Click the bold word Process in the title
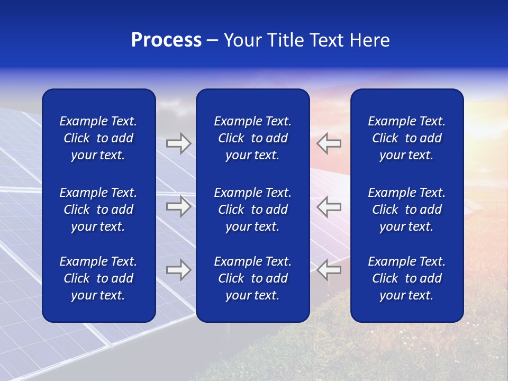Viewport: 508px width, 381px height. [x=166, y=40]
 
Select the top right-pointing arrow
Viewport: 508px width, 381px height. [x=178, y=143]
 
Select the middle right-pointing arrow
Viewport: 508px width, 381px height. [x=178, y=206]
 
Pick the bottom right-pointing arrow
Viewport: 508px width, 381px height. [x=178, y=270]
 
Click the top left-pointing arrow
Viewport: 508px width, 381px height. [x=329, y=143]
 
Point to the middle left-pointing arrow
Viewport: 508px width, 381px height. [x=329, y=206]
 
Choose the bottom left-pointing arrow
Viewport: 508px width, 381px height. [x=329, y=270]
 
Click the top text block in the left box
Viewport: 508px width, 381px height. [x=98, y=138]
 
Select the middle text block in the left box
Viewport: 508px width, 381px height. [x=98, y=210]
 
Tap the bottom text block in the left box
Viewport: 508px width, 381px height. [x=98, y=278]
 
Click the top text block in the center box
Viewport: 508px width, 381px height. [x=253, y=138]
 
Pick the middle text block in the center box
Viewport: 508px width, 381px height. [x=253, y=210]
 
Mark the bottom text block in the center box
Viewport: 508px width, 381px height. [x=253, y=278]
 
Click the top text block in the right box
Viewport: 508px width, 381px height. [x=407, y=138]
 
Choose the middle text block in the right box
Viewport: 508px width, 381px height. [x=407, y=210]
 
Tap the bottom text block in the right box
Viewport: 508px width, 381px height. [x=407, y=278]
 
